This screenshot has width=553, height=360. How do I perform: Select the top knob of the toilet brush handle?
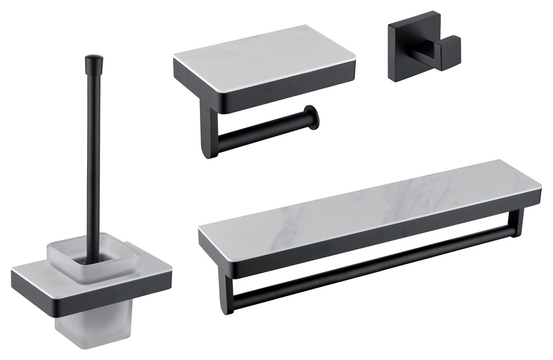click(93, 60)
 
